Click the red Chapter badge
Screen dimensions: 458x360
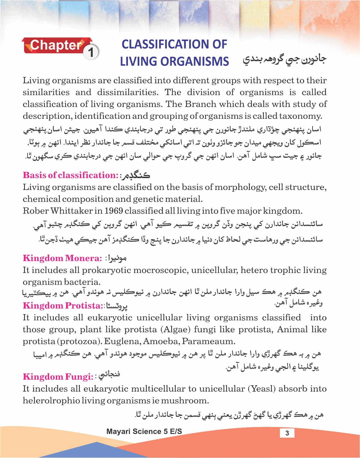tap(56, 46)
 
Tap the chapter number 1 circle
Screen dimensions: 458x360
tap(91, 53)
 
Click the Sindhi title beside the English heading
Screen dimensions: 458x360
tap(284, 59)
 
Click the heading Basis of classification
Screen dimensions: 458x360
tap(70, 175)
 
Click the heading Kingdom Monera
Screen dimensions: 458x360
tap(62, 258)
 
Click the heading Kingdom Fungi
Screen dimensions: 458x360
tap(58, 377)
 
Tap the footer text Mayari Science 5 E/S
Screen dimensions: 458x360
tap(144, 431)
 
